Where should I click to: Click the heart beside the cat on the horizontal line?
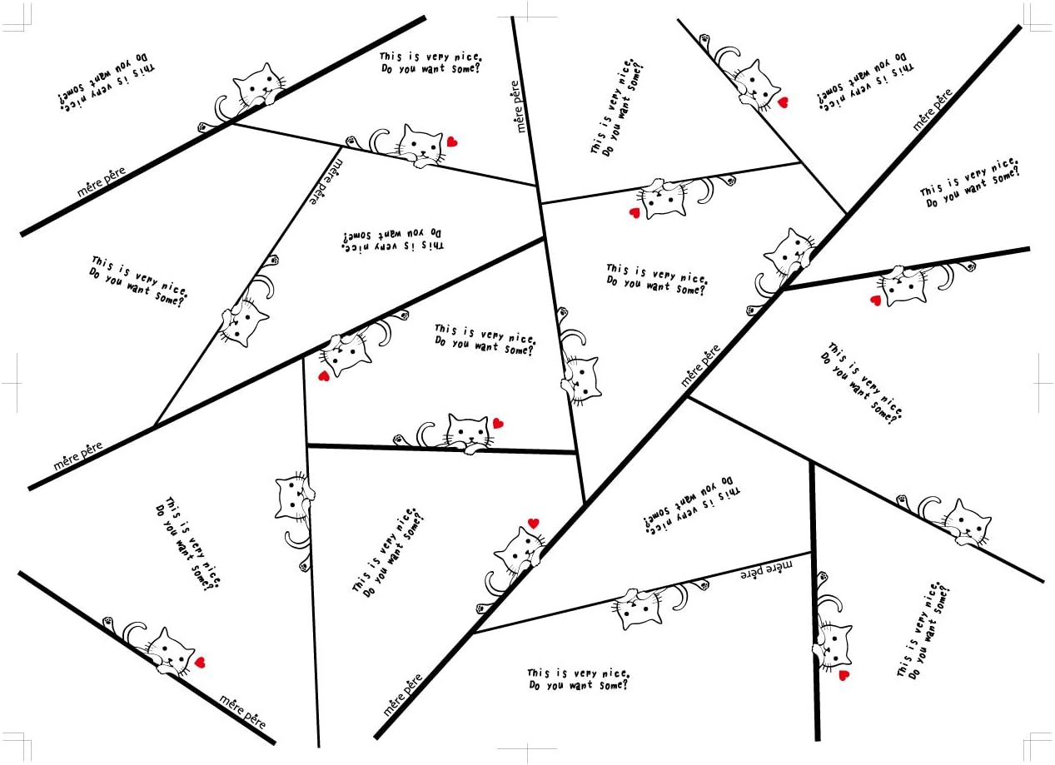[498, 423]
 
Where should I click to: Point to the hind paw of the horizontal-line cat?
[400, 439]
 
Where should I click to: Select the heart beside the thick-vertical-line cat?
[844, 675]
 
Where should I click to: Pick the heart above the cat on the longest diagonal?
[533, 524]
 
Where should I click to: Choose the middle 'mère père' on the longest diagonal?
[700, 366]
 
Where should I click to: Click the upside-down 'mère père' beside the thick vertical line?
[767, 569]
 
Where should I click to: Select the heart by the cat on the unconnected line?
[200, 663]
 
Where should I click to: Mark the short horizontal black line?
[441, 450]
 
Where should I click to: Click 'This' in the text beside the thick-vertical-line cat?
[902, 666]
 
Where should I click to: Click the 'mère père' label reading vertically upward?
[520, 107]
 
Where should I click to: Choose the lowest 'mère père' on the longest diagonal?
[403, 695]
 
